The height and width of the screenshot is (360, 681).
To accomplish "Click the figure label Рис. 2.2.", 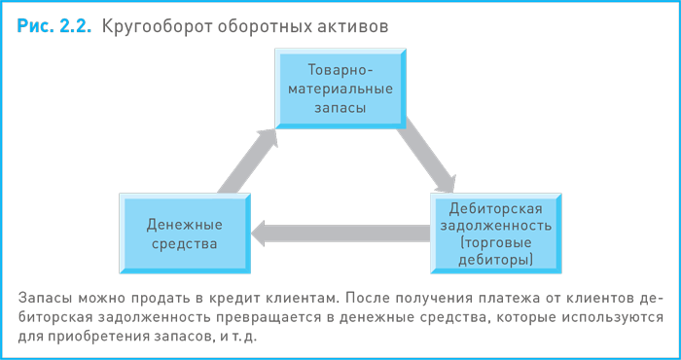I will pos(54,26).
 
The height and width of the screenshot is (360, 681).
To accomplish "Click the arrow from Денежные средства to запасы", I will pos(245,161).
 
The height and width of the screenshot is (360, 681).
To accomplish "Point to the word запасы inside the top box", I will pos(340,108).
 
